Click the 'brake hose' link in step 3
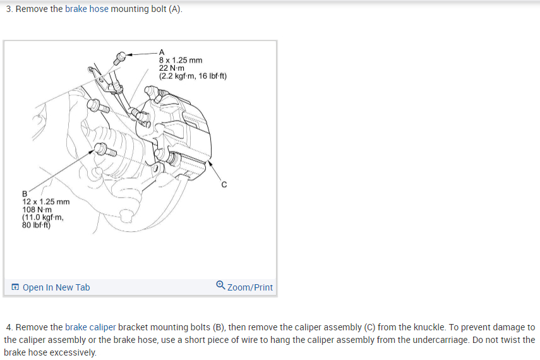pos(87,9)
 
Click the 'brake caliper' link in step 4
pos(90,327)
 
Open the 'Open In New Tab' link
pos(56,287)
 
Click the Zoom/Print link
pos(250,287)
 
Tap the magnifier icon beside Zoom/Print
pos(220,285)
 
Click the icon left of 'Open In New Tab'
pos(15,287)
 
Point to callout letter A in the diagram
pos(162,52)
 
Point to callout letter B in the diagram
pos(25,194)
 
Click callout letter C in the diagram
pos(224,184)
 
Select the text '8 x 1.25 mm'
pos(181,60)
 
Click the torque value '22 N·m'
pos(172,68)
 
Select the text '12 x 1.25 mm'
pos(46,201)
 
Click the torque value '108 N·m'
pos(37,210)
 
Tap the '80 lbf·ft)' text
pos(36,225)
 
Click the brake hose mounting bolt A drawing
pos(120,58)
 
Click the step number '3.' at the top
pos(9,9)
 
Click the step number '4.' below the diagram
pos(9,327)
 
